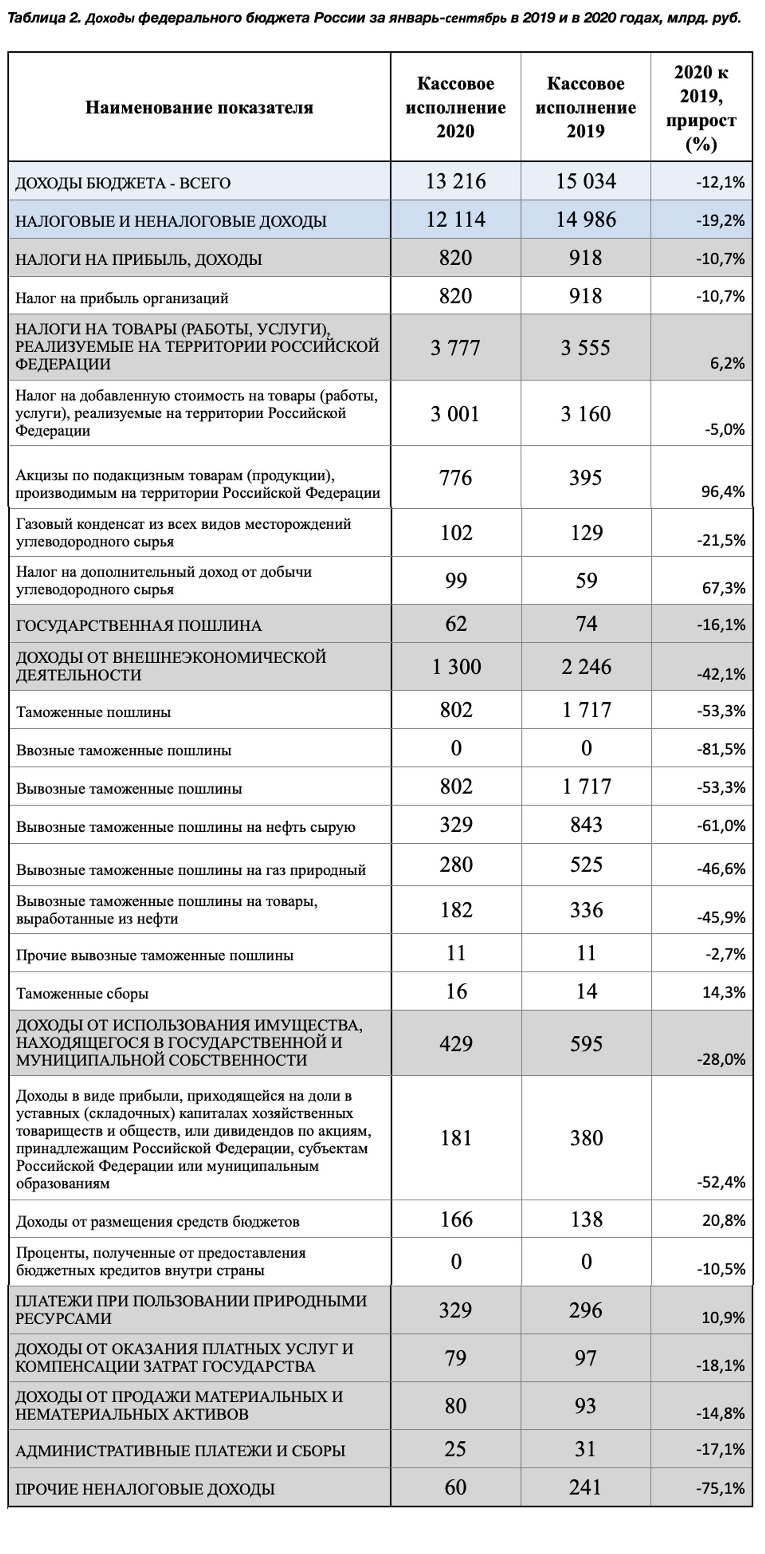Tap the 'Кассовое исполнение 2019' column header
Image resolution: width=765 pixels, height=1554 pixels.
pyautogui.click(x=585, y=107)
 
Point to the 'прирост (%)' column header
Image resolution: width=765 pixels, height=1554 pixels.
pyautogui.click(x=701, y=132)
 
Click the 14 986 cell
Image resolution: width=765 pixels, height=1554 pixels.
pyautogui.click(x=585, y=219)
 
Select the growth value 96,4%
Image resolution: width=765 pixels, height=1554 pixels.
pyautogui.click(x=723, y=491)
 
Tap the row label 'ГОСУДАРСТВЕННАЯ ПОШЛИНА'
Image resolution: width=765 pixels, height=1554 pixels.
pyautogui.click(x=139, y=625)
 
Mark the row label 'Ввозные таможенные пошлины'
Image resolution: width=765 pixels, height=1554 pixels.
pyautogui.click(x=124, y=750)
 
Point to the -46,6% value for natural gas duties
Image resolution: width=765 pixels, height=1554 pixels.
pyautogui.click(x=721, y=868)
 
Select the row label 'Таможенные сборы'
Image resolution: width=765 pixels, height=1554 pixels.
pyautogui.click(x=82, y=993)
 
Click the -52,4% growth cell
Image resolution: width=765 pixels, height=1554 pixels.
pyautogui.click(x=721, y=1182)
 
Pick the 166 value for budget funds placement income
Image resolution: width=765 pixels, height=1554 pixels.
pyautogui.click(x=456, y=1219)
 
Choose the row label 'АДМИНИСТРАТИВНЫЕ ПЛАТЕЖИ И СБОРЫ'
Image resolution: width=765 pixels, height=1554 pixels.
pyautogui.click(x=180, y=1450)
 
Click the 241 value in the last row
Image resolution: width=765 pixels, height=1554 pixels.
pyautogui.click(x=585, y=1487)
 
